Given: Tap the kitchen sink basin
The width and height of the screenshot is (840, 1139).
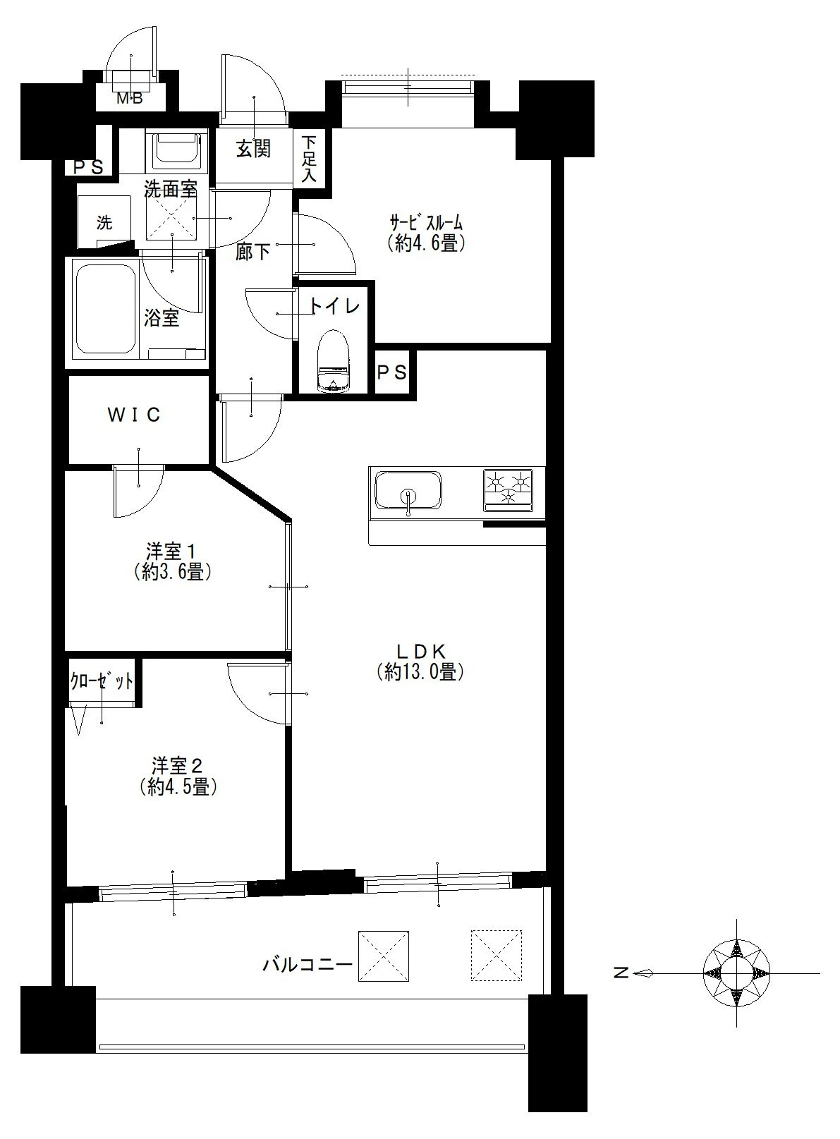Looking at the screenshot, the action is [408, 490].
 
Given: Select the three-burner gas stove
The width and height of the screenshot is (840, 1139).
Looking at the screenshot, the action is [508, 490].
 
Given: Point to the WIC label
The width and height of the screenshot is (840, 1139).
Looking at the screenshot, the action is [134, 415].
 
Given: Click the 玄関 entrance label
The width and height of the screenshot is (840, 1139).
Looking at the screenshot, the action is [253, 149].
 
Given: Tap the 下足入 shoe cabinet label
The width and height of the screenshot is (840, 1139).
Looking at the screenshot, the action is [309, 159].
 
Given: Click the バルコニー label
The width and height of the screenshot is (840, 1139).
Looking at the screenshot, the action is [307, 964].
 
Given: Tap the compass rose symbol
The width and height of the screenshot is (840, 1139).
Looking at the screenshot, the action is [736, 973].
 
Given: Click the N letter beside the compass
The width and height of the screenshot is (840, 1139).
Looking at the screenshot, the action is [622, 973].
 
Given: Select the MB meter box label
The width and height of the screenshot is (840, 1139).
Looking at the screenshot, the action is [130, 98].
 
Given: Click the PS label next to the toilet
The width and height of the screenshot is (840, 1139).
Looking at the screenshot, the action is [392, 372].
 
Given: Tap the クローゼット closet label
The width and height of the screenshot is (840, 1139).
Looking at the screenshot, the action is [102, 682].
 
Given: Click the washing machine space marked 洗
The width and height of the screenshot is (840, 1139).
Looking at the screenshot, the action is [105, 222].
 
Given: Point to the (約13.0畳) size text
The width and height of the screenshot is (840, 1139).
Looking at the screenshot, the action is [420, 672].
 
